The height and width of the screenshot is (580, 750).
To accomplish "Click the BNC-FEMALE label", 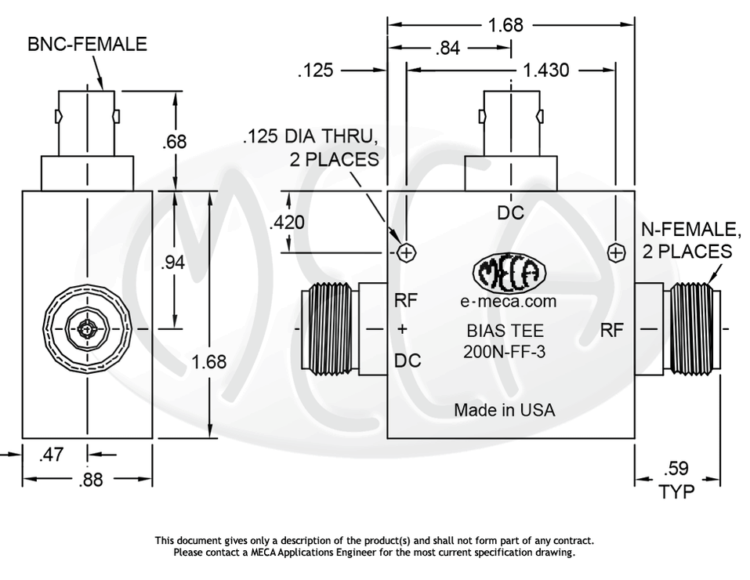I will (x=87, y=44).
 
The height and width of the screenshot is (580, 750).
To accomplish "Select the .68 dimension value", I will (x=174, y=142).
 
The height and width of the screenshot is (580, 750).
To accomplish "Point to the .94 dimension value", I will (x=172, y=263).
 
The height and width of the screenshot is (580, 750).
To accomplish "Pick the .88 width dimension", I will (x=92, y=480).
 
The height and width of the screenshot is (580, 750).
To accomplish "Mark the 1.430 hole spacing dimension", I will (x=545, y=71).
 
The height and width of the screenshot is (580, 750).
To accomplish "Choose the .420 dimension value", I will (x=287, y=223).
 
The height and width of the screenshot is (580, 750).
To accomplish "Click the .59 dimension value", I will (x=677, y=469).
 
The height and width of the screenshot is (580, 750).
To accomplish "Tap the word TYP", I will (x=677, y=491).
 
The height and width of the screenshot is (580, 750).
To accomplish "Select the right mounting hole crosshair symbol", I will (x=617, y=252).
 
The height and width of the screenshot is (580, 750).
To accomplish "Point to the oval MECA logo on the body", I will (x=507, y=274).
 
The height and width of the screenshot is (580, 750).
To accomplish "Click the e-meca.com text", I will (x=508, y=301).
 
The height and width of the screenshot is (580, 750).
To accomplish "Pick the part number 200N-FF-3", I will (x=504, y=353).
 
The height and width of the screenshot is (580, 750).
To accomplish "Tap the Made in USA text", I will (x=504, y=410).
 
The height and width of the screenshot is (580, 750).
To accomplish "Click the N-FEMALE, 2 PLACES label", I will (x=690, y=241).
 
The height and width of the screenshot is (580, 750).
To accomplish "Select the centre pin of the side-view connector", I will (x=85, y=328).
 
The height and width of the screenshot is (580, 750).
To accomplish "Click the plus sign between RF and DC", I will (x=403, y=330).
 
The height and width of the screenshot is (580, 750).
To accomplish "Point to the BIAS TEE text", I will (x=505, y=331).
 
